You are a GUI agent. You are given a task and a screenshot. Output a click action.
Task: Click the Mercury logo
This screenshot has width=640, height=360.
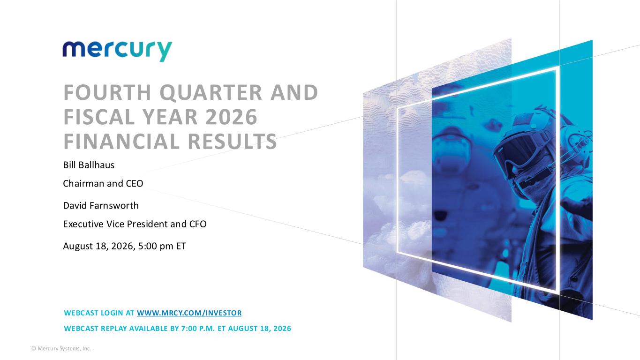coord(117,51)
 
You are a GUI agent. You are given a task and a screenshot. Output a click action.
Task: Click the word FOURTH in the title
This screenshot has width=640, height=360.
coord(107,92)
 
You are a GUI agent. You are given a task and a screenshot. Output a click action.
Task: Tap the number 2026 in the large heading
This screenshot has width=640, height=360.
coord(232,117)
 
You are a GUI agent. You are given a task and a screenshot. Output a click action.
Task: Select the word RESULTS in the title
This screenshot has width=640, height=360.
coord(232,142)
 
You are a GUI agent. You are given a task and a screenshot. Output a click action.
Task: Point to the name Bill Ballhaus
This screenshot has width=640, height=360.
coord(89,165)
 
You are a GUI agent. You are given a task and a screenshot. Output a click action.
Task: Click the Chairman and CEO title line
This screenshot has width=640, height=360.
coord(103,183)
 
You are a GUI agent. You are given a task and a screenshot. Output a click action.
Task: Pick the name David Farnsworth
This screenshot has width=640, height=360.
coord(100,205)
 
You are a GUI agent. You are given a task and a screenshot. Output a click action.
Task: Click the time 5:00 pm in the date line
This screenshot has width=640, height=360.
coord(156,246)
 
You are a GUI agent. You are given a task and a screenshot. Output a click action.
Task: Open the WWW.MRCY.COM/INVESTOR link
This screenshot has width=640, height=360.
coord(189,313)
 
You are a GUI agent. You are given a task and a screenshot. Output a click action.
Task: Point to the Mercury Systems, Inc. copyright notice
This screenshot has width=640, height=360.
coord(61,349)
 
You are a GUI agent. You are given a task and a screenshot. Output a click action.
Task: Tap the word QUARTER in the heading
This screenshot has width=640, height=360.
coord(211,93)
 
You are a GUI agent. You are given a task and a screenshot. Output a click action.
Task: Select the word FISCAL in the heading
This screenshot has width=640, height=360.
coord(99,117)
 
